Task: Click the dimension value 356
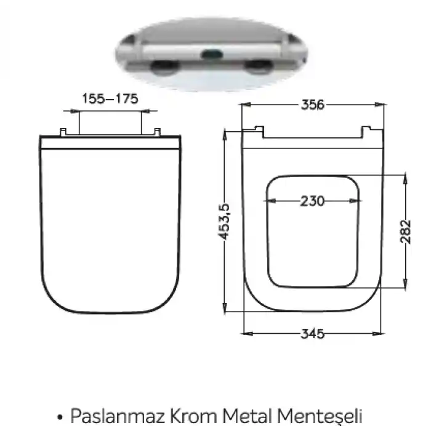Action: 313,105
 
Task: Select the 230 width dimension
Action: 313,201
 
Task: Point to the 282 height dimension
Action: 405,232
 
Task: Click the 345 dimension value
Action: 313,334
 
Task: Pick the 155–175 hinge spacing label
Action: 110,99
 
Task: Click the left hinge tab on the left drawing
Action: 63,132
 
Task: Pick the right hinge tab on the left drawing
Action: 158,132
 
